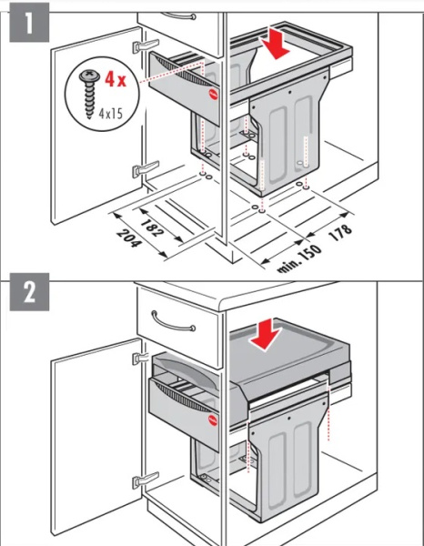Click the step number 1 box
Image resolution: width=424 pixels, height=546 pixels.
[29, 22]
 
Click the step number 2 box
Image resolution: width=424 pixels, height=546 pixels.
[29, 292]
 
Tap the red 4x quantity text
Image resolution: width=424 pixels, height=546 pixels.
[116, 79]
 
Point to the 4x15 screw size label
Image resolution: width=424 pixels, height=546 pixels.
[111, 113]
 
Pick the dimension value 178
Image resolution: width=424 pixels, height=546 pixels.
[340, 232]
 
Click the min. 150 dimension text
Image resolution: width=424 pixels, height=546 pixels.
[299, 259]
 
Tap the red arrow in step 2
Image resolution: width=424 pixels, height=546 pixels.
[266, 335]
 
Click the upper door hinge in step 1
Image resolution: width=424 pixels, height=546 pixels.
[146, 45]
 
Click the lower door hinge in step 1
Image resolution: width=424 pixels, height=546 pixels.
[146, 169]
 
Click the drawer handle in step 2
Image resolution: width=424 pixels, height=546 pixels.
[173, 322]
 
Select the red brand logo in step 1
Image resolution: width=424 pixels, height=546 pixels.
[213, 95]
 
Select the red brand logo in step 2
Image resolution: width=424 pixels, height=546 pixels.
[213, 420]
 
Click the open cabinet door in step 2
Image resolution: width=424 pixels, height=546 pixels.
[96, 442]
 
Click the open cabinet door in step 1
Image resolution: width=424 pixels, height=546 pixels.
[96, 126]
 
